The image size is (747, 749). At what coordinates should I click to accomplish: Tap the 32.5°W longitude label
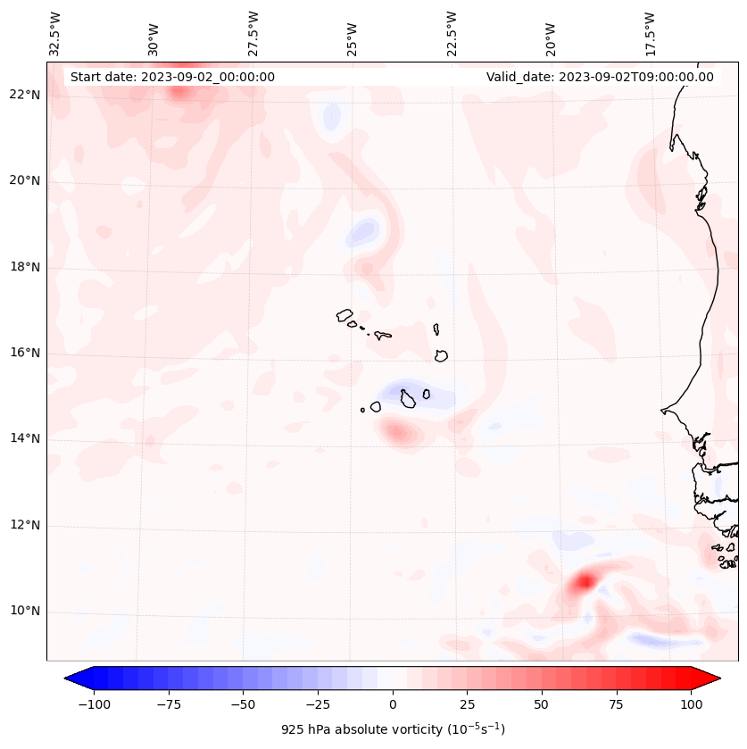click(55, 33)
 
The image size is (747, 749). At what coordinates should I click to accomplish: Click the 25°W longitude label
click(353, 33)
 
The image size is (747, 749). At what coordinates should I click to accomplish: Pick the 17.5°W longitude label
click(650, 33)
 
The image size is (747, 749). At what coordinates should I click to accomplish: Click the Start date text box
click(172, 77)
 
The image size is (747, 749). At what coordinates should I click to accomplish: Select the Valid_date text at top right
click(600, 77)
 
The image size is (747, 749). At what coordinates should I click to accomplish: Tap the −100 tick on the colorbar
click(94, 704)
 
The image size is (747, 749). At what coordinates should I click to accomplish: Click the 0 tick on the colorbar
click(393, 704)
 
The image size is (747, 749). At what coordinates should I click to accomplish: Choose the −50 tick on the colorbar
click(243, 704)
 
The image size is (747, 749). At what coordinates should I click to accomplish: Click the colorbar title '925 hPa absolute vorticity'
click(393, 729)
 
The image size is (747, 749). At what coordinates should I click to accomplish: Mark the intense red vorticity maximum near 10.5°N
click(584, 582)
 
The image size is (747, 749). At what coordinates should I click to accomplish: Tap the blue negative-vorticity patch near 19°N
click(362, 232)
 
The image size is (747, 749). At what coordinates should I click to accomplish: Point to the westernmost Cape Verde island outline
click(344, 315)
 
